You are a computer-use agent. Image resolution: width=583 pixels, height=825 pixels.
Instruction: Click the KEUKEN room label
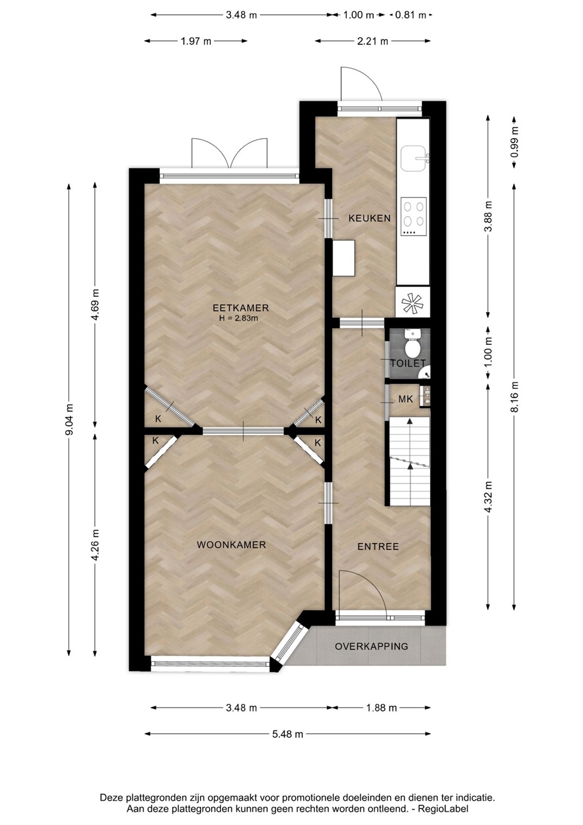coord(369,218)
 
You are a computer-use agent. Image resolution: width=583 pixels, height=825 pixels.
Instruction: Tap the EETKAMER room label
coord(241,308)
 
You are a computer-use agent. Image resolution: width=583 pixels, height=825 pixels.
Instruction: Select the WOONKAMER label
coord(231,545)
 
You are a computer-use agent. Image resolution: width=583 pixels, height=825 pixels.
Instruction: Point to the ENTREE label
coord(378,546)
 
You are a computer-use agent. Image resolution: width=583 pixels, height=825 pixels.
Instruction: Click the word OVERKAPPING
coord(371,646)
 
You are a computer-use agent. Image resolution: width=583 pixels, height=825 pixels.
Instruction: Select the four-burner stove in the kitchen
coord(413,217)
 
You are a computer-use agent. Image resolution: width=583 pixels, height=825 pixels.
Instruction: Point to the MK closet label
coord(405,399)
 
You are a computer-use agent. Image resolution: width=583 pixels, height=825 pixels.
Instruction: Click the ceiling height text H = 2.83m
coord(238,318)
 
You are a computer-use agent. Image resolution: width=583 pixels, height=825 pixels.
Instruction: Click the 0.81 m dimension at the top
coord(411,15)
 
